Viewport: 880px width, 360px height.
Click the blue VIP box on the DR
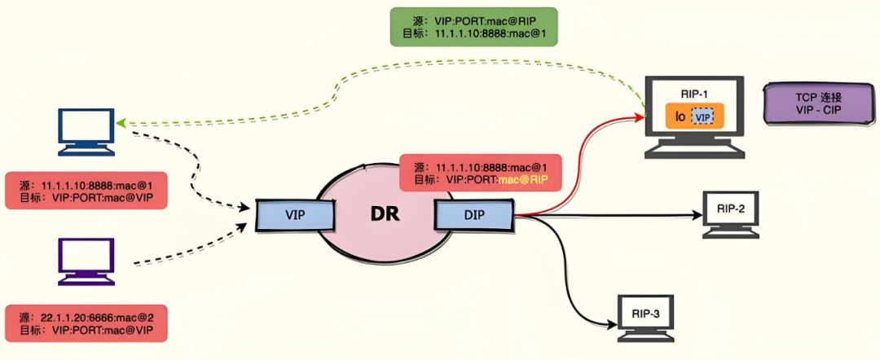point(295,215)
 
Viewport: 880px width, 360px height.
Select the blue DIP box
point(473,215)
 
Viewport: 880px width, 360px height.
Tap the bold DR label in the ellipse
point(385,215)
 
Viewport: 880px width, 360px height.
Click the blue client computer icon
point(87,132)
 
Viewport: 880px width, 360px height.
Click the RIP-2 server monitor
point(730,213)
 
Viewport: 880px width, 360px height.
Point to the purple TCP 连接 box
point(819,103)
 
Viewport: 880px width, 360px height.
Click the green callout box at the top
point(473,26)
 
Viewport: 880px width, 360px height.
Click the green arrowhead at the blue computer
point(120,123)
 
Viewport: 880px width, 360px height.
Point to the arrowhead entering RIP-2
point(697,215)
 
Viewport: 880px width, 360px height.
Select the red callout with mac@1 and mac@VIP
point(86,190)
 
